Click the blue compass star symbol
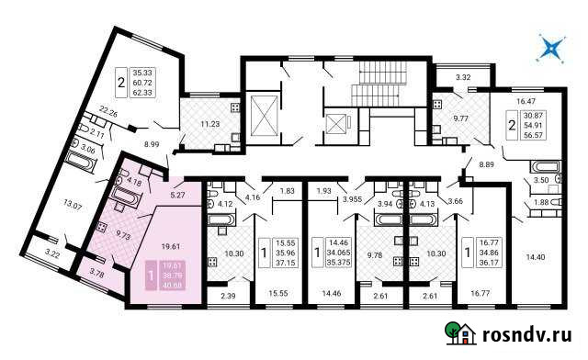551,49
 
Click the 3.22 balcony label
51,252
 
